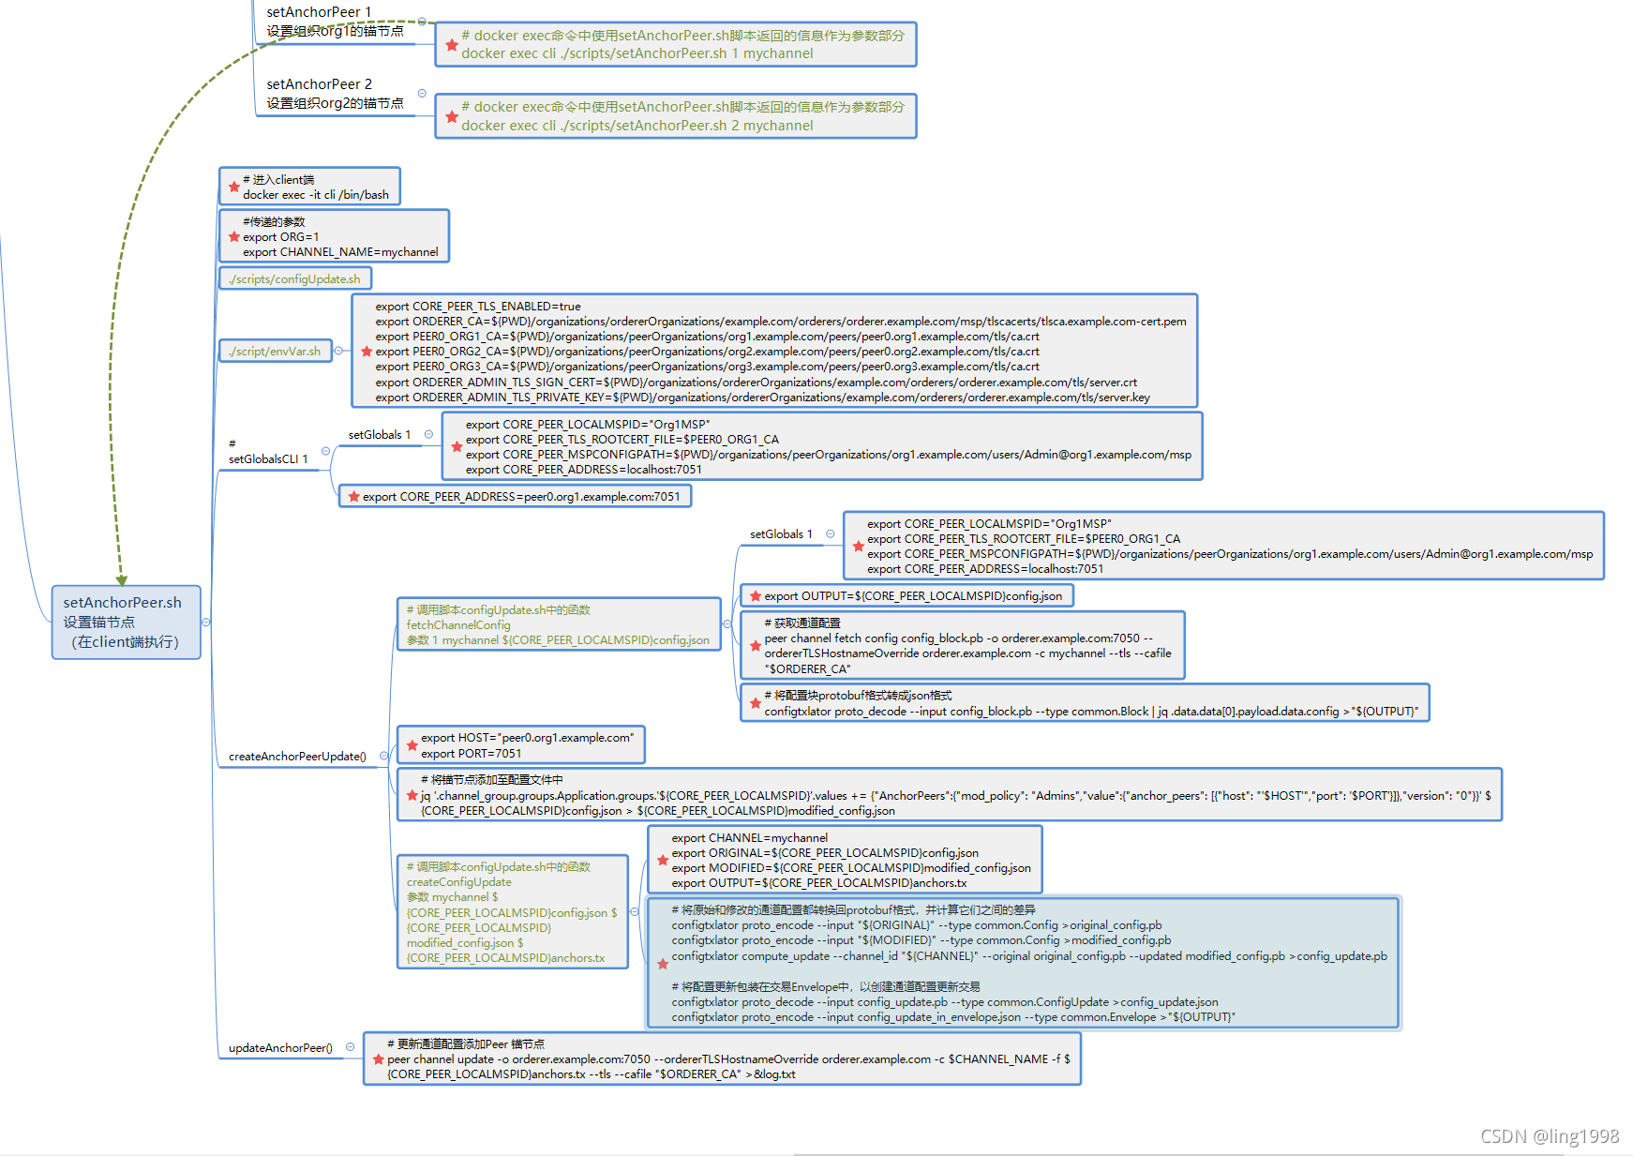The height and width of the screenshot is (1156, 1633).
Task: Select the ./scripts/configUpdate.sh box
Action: point(295,278)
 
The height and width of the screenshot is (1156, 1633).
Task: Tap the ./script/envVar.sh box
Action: point(275,351)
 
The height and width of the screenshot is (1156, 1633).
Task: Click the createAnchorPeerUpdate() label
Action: point(297,756)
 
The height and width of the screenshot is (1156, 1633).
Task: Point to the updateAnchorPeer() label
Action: point(280,1047)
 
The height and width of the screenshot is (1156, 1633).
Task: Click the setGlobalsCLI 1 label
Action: point(268,458)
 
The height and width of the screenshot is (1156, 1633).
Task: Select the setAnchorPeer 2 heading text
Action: point(319,84)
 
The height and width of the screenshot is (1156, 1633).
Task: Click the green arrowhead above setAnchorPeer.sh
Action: point(122,579)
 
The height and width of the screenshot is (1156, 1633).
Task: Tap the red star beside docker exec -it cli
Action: point(234,187)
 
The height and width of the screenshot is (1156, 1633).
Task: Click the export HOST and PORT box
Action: point(521,745)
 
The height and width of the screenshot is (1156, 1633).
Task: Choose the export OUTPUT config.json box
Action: point(907,596)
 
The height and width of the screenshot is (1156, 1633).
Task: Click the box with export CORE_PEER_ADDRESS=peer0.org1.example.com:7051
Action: point(515,496)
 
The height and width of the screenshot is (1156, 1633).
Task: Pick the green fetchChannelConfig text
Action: point(458,624)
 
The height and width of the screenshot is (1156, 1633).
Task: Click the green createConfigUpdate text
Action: point(459,881)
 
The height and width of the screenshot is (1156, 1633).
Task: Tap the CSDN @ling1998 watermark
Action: point(1550,1135)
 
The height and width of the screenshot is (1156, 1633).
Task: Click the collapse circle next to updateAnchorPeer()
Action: point(350,1047)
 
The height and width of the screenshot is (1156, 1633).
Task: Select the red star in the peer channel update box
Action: point(378,1058)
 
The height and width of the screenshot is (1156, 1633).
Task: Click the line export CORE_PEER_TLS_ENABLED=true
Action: point(478,306)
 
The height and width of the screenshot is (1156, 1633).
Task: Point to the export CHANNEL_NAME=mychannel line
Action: point(340,251)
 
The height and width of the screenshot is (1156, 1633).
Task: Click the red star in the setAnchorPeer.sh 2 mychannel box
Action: point(452,116)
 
